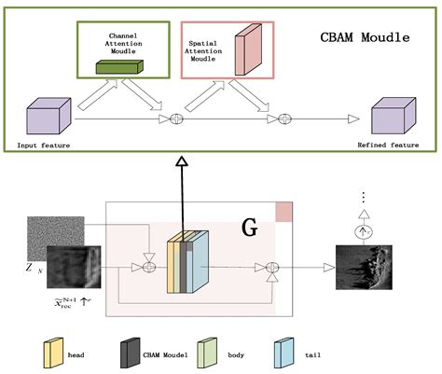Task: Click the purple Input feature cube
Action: (45, 118)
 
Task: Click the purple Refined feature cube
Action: (392, 118)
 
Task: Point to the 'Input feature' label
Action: (44, 145)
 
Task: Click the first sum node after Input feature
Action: (174, 118)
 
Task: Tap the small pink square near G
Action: (283, 213)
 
